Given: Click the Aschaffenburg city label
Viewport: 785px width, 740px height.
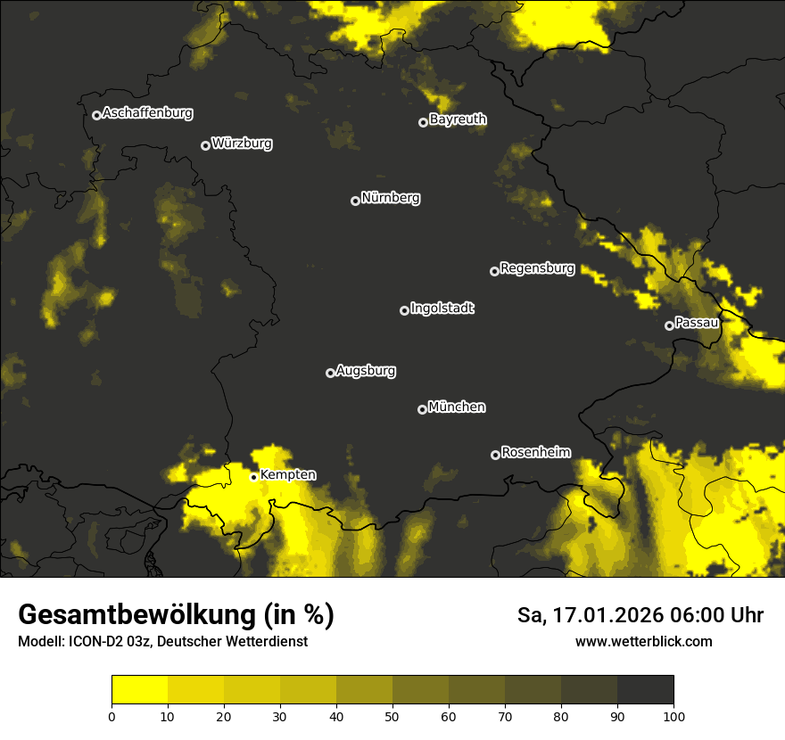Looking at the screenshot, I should [147, 113].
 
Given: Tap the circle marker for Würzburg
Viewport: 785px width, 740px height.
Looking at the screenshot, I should [205, 145].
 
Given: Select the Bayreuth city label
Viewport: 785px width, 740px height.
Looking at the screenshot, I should [458, 119].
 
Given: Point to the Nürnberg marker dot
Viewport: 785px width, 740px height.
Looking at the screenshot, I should [355, 201].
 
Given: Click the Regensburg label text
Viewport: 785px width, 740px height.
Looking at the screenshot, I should [537, 268].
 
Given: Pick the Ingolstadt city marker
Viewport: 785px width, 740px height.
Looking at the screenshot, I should [404, 310].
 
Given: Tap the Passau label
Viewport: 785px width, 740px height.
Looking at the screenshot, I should [697, 323].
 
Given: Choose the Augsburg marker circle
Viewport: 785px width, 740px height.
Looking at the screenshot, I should [330, 373].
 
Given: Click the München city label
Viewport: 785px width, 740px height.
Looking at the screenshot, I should [457, 407].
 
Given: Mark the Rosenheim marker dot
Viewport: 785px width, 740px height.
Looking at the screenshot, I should [495, 455].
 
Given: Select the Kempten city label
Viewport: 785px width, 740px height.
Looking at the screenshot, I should [287, 475].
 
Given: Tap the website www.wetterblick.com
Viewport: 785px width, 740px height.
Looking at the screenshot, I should [643, 642].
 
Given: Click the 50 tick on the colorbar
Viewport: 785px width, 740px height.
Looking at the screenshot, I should [392, 716].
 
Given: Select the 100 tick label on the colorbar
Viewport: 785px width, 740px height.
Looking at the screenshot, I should [673, 716].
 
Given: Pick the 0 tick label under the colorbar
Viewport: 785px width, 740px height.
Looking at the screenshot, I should [112, 716].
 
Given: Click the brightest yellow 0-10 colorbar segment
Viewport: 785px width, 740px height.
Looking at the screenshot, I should [139, 690].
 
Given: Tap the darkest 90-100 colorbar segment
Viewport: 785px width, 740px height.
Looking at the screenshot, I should [645, 690].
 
